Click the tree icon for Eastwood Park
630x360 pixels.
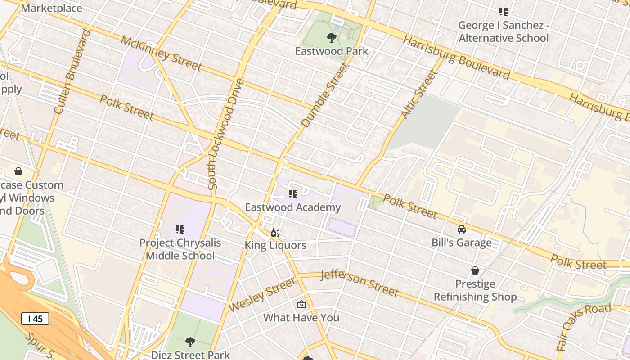coord(332,37)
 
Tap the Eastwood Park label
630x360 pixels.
coord(332,51)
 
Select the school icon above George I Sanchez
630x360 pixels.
coord(503,12)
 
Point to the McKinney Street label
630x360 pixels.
coord(161,53)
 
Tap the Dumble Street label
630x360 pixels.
coord(325,95)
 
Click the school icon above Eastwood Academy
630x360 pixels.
coord(293,194)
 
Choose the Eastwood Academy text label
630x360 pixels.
coord(293,207)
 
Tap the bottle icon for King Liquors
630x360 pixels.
coord(275,233)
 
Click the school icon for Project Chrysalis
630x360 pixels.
coord(180,229)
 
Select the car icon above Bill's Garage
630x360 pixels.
coord(462,229)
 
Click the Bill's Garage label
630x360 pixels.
coord(462,243)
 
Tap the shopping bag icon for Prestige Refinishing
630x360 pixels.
coord(475,270)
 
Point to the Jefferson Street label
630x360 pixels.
coord(360,283)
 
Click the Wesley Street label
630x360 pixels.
coord(262,295)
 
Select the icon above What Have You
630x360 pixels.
coord(301,305)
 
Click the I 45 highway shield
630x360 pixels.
coord(35,319)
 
